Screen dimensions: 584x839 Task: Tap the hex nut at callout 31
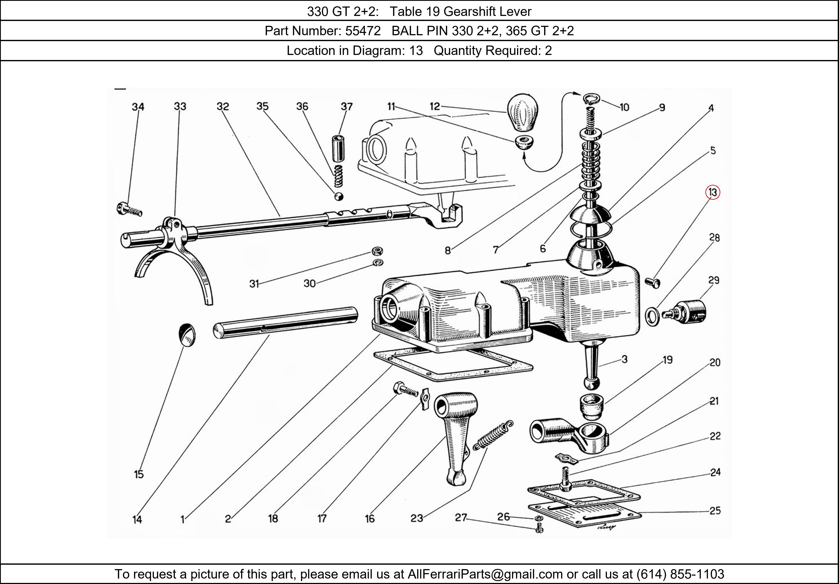click(377, 251)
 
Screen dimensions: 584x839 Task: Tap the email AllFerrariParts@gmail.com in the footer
click(485, 574)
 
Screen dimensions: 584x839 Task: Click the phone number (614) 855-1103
click(680, 574)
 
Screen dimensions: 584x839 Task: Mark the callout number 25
click(715, 511)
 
